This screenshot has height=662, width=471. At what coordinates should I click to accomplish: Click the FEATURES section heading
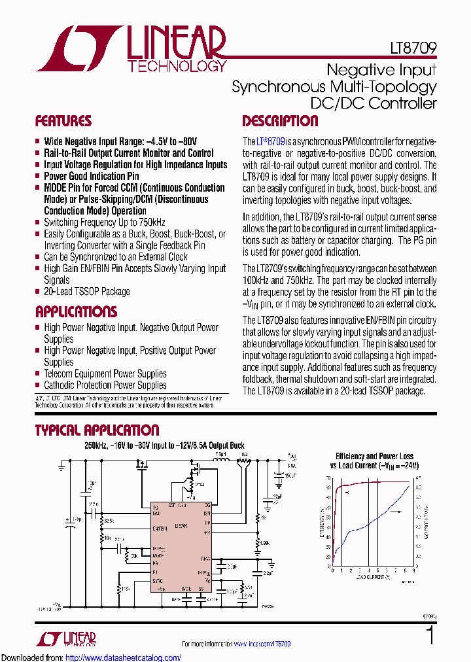coord(63,121)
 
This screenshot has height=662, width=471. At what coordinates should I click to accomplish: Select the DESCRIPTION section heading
coord(280,121)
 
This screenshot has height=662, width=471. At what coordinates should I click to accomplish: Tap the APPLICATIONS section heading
coord(76,311)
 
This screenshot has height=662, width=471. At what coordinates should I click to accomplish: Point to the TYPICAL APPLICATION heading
coord(97,430)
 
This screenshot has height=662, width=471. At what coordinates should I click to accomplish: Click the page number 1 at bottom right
coord(430,635)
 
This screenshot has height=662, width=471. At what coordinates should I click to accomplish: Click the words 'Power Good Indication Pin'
coord(91,176)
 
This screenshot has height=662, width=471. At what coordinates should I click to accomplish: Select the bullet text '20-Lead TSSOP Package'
coord(86,292)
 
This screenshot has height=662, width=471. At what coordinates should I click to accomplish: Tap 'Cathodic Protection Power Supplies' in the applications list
coord(105,385)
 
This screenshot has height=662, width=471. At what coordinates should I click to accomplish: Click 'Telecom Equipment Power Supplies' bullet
coord(105,374)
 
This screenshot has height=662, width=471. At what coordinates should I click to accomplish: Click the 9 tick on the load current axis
coord(412,570)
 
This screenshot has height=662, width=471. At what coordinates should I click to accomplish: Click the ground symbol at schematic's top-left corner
coord(61,467)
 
